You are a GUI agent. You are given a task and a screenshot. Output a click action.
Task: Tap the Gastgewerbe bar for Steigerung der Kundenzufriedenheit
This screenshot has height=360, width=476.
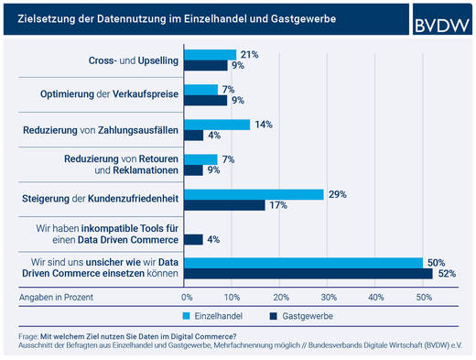224,204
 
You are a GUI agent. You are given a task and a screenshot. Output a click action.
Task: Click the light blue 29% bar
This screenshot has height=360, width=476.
254,194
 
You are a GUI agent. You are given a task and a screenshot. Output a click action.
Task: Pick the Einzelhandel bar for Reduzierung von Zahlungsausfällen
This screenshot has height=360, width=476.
217,125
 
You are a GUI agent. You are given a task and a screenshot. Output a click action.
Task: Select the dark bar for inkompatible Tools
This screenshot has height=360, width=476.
194,239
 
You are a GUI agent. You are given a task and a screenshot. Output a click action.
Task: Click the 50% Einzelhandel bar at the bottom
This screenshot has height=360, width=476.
303,263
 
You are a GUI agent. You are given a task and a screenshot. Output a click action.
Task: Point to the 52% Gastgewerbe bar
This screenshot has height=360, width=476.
308,273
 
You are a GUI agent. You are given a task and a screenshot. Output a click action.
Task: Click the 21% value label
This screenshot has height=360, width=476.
248,55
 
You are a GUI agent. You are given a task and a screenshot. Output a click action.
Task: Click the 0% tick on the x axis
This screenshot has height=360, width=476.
187,297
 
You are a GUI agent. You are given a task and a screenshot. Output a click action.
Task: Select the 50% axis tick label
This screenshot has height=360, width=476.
423,297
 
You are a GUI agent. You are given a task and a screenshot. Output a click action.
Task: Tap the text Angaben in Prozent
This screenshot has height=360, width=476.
56,297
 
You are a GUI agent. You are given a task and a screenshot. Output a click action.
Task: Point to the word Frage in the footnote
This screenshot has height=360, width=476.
28,336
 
